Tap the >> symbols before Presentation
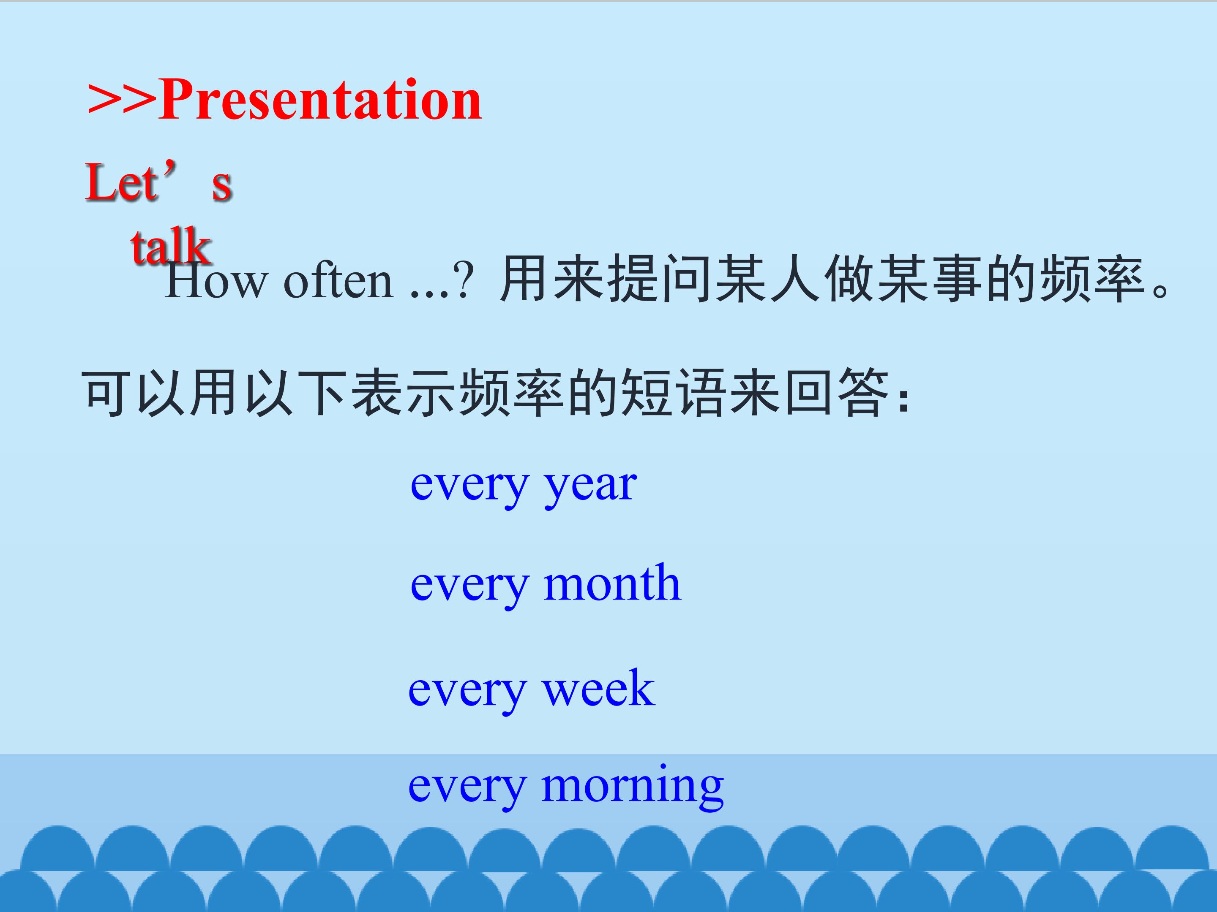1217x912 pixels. [x=122, y=100]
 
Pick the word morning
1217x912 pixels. [x=632, y=787]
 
